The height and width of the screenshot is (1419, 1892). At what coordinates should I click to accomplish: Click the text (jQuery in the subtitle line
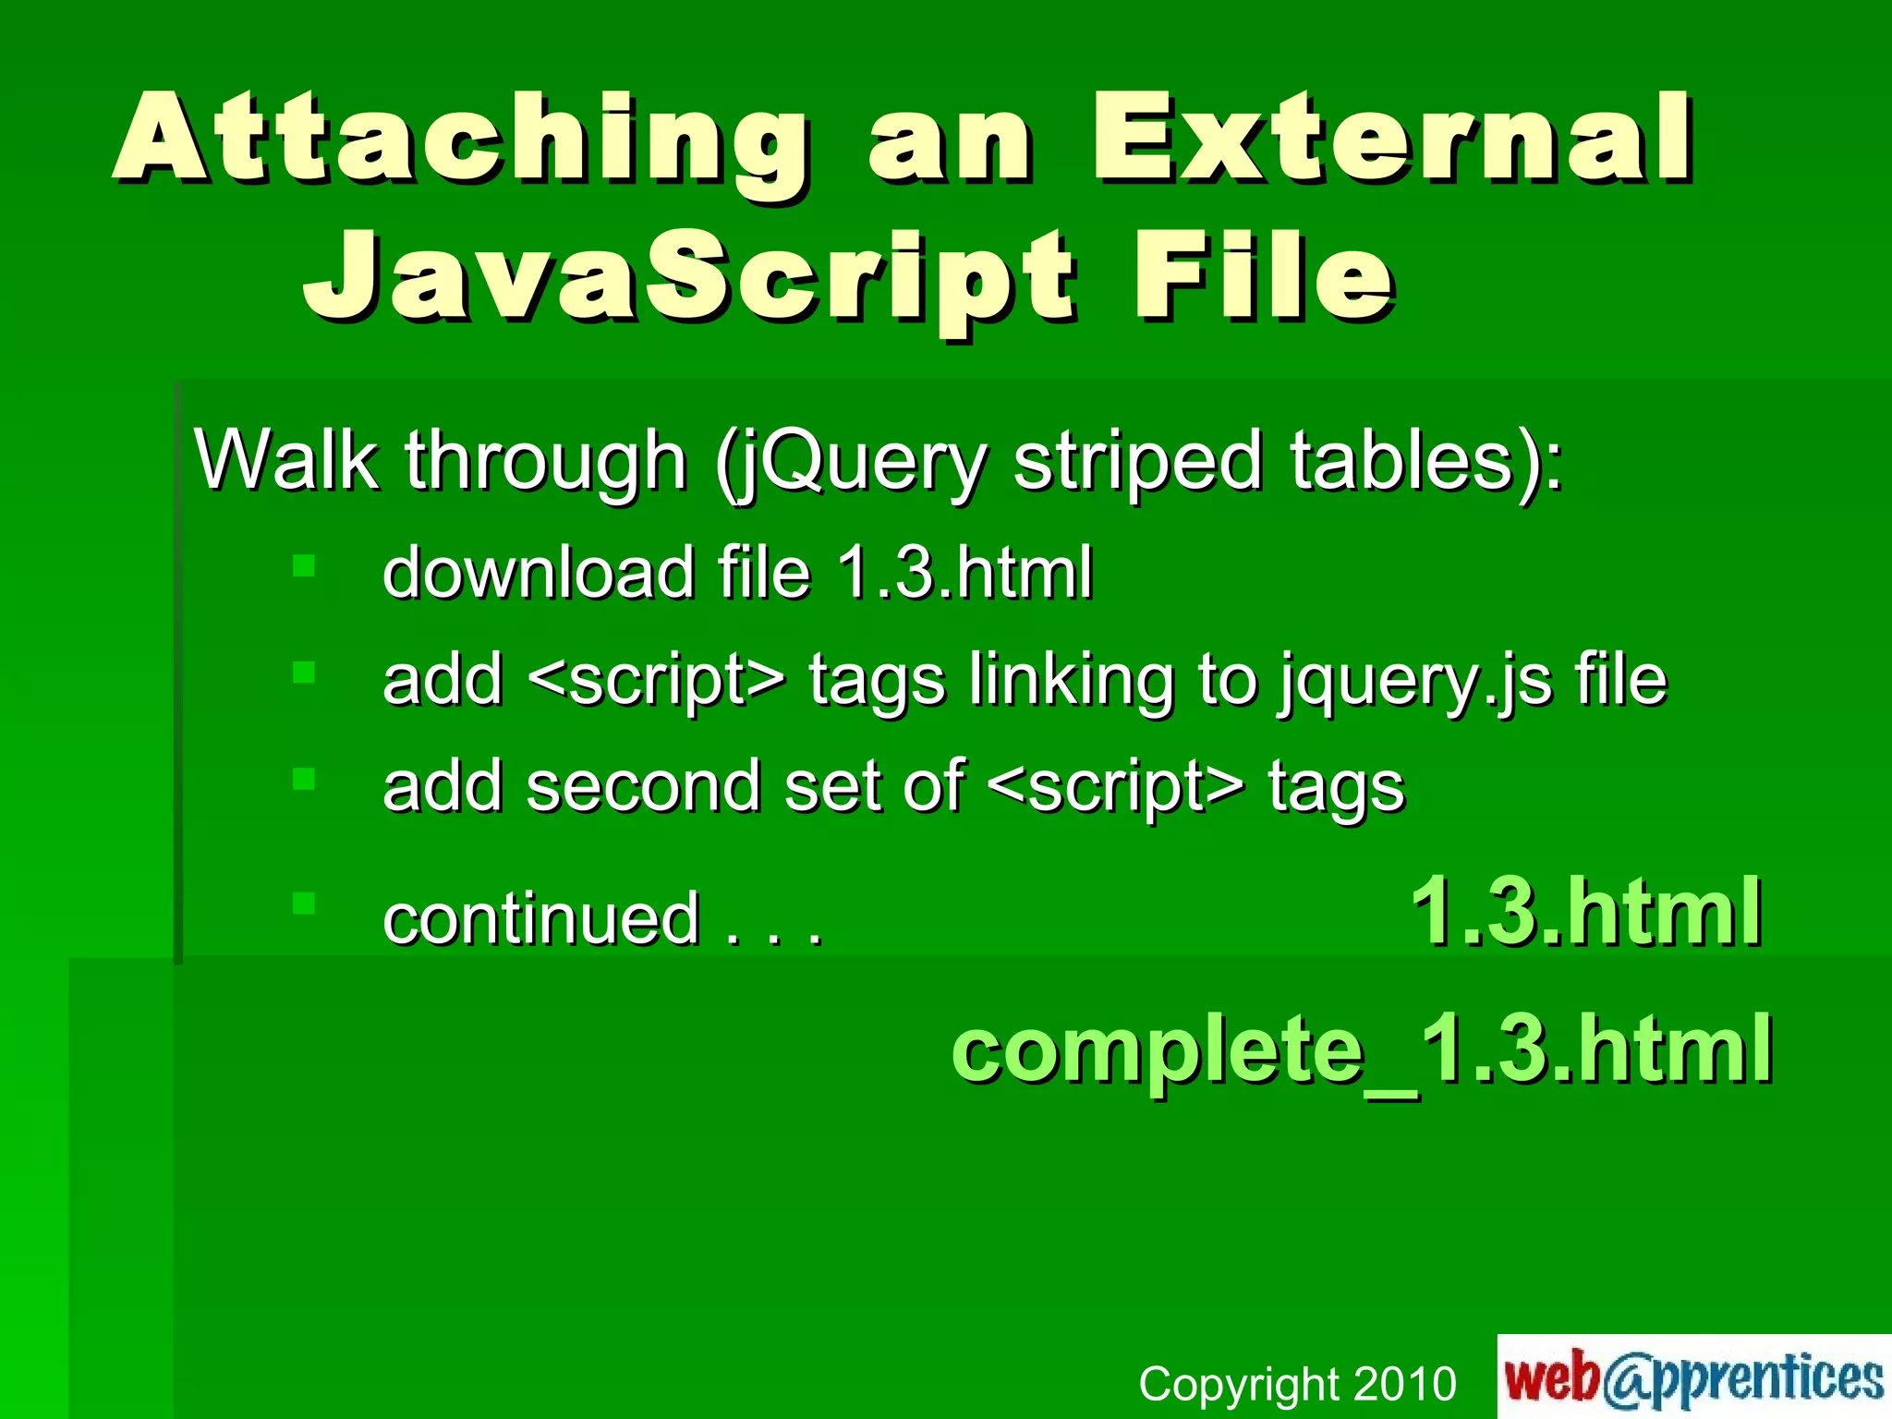[851, 462]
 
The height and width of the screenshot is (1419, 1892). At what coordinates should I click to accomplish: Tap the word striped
[1137, 462]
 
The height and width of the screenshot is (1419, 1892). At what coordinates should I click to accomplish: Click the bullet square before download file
[304, 564]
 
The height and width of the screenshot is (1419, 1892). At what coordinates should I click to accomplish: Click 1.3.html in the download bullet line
[964, 572]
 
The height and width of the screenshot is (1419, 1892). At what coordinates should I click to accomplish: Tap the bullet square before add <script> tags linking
[304, 672]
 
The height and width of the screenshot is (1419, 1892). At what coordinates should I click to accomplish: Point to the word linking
[1072, 682]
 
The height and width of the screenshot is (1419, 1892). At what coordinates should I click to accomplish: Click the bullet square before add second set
[304, 779]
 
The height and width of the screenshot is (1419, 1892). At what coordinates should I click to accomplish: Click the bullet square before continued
[304, 903]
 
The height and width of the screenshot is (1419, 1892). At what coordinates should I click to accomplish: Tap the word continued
[540, 918]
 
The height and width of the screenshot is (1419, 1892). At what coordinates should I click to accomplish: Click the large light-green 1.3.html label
[1586, 912]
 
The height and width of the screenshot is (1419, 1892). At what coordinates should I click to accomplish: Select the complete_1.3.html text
[1362, 1049]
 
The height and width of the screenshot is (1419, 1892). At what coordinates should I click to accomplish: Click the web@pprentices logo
[1693, 1377]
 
